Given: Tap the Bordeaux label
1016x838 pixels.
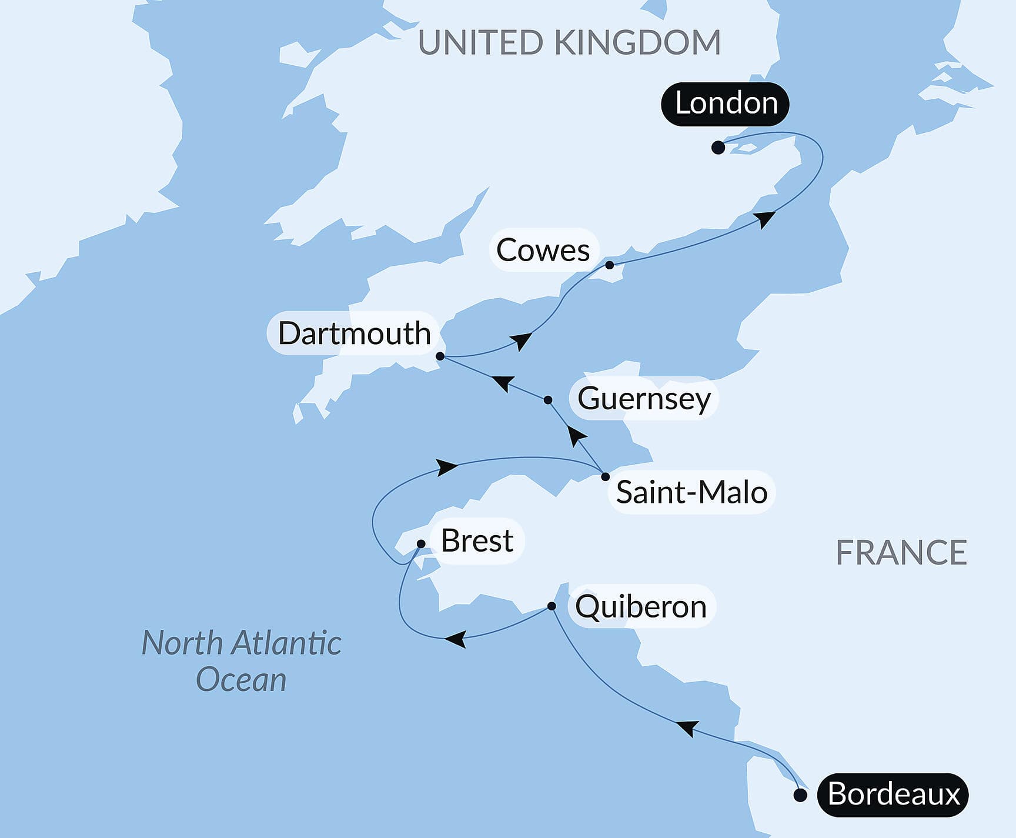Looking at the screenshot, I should click(893, 794).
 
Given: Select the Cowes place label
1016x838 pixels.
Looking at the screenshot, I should click(543, 251).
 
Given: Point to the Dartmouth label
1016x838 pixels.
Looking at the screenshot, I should click(354, 333).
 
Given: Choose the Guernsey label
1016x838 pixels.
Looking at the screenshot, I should click(644, 399).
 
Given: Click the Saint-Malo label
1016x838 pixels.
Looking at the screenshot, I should click(691, 492).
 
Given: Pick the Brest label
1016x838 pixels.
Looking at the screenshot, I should click(477, 541).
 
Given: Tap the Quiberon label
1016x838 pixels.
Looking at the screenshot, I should click(641, 606).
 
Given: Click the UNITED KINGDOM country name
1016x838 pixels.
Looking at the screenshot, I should click(569, 42).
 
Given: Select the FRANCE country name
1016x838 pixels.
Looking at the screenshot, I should click(901, 553).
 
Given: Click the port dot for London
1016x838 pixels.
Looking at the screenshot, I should click(718, 148).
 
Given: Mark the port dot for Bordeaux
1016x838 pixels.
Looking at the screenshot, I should click(800, 796).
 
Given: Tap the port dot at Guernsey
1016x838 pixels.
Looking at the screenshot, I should click(548, 400).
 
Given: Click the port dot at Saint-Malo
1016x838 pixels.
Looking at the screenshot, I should click(606, 476).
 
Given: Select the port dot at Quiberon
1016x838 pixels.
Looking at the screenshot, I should click(552, 606).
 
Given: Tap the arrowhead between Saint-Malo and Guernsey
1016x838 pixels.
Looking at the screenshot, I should click(576, 436).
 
